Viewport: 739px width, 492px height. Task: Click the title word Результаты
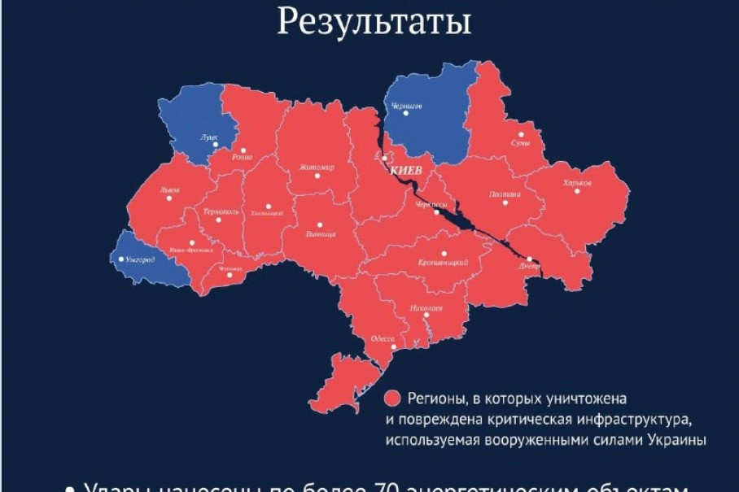pyautogui.click(x=374, y=22)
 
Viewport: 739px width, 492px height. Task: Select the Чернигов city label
pyautogui.click(x=406, y=106)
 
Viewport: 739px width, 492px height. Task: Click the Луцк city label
pyautogui.click(x=209, y=138)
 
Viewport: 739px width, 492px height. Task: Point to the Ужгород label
pyautogui.click(x=140, y=259)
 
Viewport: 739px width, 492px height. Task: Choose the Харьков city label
pyautogui.click(x=577, y=183)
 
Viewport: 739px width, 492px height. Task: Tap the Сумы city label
pyautogui.click(x=521, y=143)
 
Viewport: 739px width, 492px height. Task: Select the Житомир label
pyautogui.click(x=317, y=168)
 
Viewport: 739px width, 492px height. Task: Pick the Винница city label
pyautogui.click(x=321, y=234)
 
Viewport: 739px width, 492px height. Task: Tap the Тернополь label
pyautogui.click(x=221, y=211)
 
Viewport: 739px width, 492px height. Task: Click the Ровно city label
pyautogui.click(x=242, y=156)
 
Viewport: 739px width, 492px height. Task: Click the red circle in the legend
pyautogui.click(x=393, y=398)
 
